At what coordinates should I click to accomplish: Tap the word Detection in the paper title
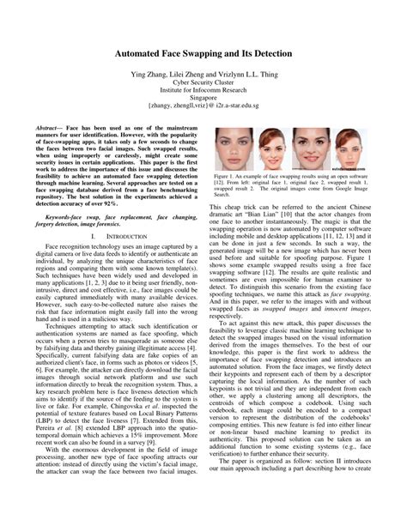tap(265, 52)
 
